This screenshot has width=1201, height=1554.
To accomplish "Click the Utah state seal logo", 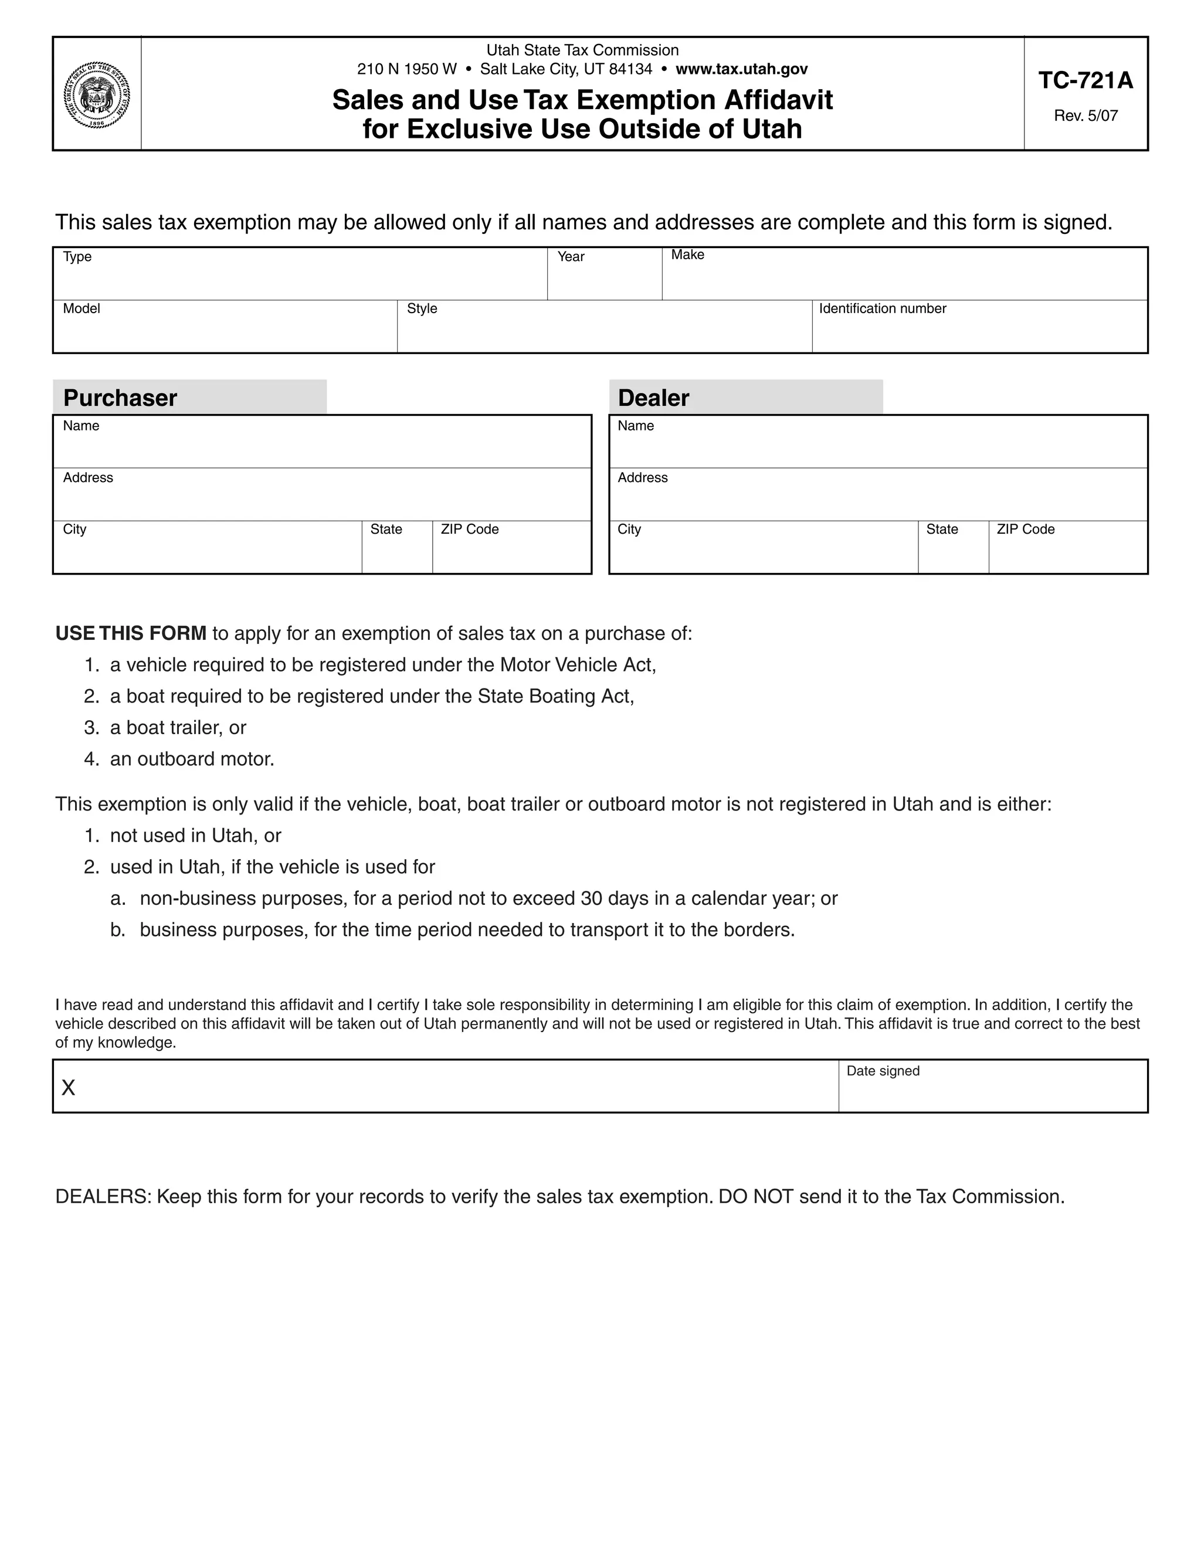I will point(97,94).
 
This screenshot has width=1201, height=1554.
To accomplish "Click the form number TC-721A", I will point(1085,81).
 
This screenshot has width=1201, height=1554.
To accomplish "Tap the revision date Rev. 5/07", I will point(1085,116).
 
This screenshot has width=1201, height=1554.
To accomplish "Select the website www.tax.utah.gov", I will point(741,69).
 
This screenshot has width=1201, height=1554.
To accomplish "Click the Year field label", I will point(571,257).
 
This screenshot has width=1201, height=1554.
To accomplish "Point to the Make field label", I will point(687,255).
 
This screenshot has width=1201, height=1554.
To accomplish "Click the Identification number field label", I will point(882,309).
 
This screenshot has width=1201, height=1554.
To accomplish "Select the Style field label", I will point(422,309).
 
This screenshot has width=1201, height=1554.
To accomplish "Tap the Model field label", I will point(81,309).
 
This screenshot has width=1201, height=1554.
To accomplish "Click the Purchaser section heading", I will point(120,398).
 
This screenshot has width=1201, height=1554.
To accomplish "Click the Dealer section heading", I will point(653,398).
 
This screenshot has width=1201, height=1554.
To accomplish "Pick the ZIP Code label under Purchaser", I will point(470,530).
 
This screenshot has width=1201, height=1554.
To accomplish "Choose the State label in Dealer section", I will point(942,530).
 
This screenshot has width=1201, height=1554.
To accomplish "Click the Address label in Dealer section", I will point(643,478).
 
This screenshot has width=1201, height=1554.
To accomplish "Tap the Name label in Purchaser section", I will point(81,426).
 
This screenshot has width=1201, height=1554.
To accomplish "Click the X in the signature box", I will point(68,1088).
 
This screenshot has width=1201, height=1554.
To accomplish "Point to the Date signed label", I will point(883,1071).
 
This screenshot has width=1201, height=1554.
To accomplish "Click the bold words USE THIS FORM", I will point(131,633).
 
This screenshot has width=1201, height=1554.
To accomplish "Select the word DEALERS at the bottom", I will point(103,1197).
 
